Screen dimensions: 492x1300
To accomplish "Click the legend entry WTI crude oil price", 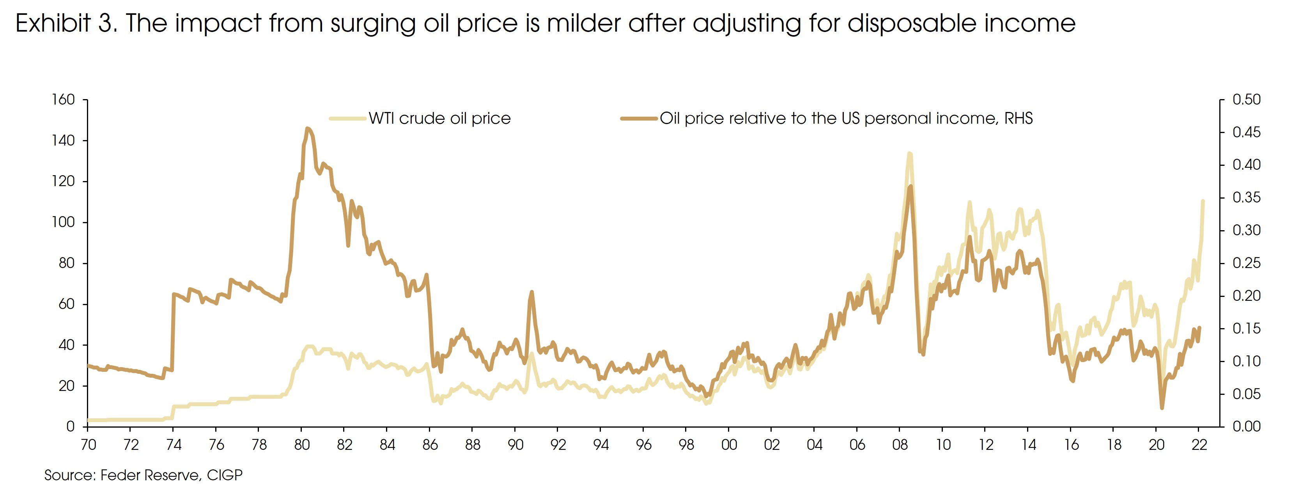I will (439, 118).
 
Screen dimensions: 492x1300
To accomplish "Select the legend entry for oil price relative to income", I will (846, 118).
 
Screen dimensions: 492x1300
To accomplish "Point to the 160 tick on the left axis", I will (63, 99).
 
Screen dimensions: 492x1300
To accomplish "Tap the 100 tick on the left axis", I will (63, 222).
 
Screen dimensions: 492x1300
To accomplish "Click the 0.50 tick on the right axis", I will (1246, 99).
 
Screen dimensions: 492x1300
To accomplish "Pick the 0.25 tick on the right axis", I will (1246, 263).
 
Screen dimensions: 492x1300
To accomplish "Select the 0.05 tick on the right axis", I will (1246, 394).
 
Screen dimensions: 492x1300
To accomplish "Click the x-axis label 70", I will (88, 445).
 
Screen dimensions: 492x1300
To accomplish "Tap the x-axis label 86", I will (430, 445).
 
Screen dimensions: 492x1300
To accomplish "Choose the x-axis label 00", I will (729, 445).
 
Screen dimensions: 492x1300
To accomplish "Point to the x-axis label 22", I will (1199, 445).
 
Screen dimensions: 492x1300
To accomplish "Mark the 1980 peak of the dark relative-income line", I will (307, 129).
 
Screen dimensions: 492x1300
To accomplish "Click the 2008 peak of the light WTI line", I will (909, 154).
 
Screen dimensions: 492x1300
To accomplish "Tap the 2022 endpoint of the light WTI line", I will (1203, 201).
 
